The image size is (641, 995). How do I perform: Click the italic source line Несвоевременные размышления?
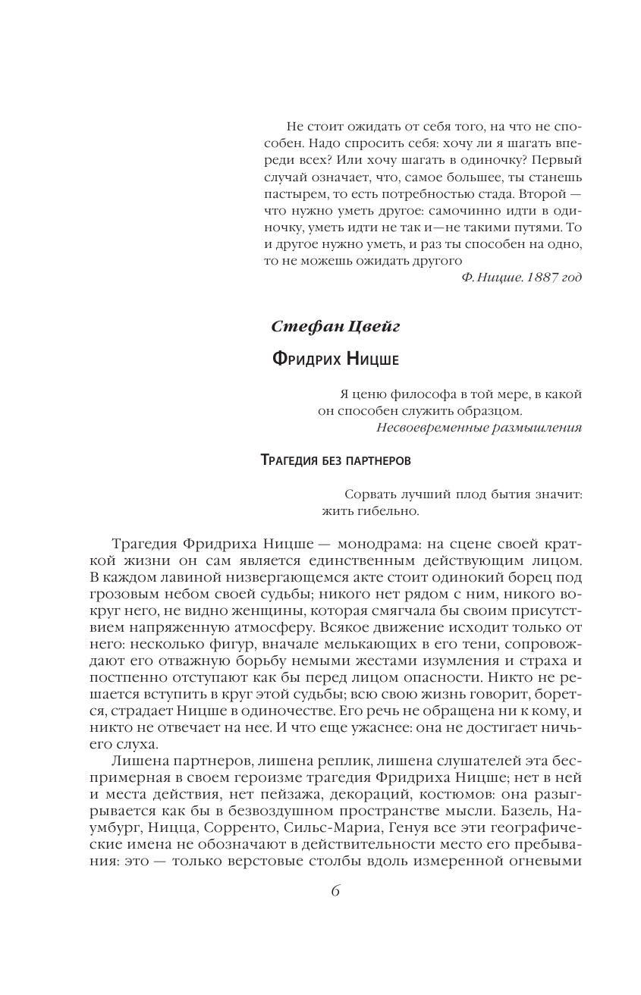(479, 427)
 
